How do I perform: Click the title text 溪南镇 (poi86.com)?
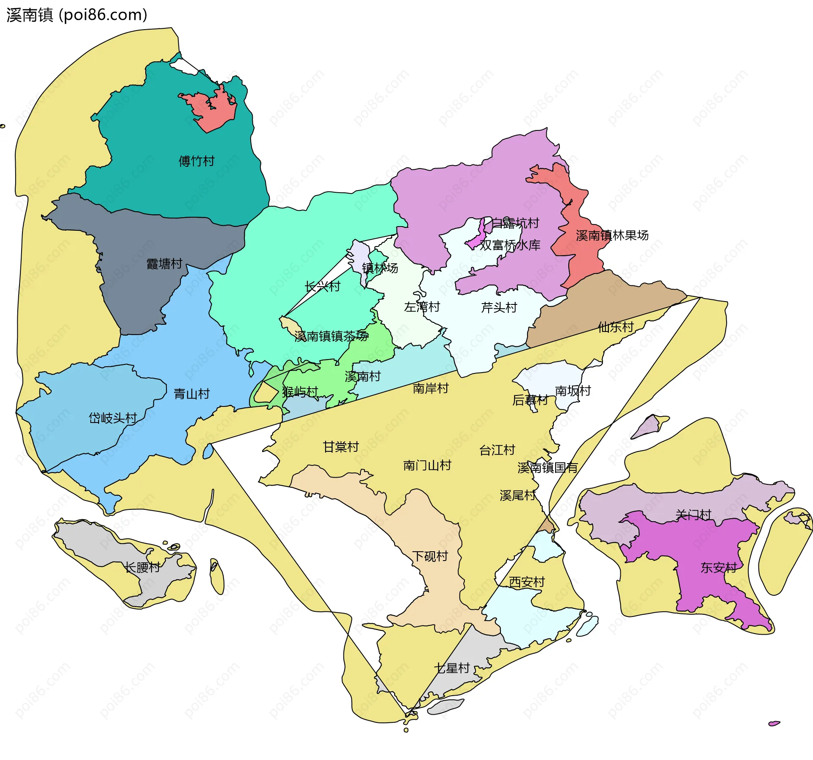(77, 15)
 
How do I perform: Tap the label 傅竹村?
(196, 161)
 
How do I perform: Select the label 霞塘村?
(164, 264)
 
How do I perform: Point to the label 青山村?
(191, 394)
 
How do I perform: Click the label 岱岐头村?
(113, 418)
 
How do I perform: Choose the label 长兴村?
(322, 286)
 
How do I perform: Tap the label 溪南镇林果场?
(612, 235)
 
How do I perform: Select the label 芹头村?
(499, 307)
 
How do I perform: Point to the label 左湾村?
(422, 307)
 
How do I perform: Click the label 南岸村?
(430, 388)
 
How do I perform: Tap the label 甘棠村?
(340, 446)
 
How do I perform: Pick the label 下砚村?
(430, 556)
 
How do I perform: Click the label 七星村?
(452, 668)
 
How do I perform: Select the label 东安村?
(718, 567)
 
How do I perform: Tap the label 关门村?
(693, 514)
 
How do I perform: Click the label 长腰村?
(142, 567)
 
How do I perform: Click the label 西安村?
(526, 582)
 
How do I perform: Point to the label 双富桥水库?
(510, 245)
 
